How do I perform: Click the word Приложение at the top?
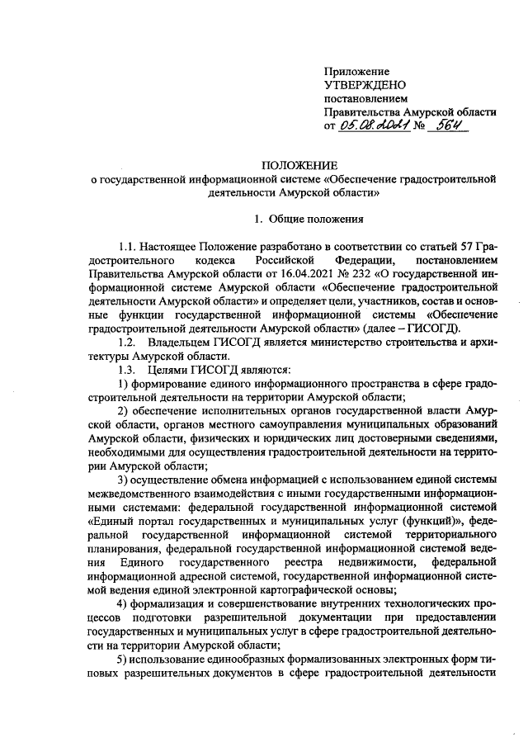(356, 73)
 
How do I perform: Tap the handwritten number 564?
(449, 125)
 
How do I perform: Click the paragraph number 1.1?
(128, 247)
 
